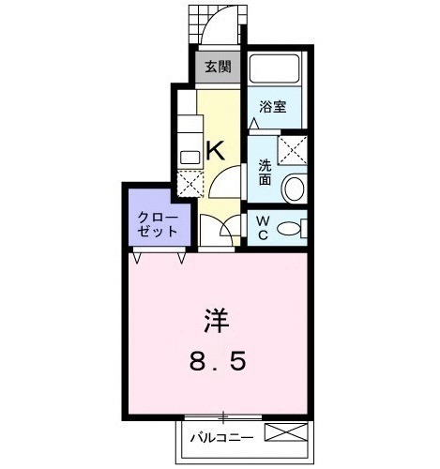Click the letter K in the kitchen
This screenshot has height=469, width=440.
tap(215, 147)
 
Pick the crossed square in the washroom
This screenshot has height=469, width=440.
tap(292, 147)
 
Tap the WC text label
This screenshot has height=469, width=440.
tap(262, 228)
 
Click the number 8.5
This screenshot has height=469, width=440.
tap(217, 361)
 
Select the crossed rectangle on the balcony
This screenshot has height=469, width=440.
tap(286, 434)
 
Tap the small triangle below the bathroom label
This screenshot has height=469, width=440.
tap(254, 123)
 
